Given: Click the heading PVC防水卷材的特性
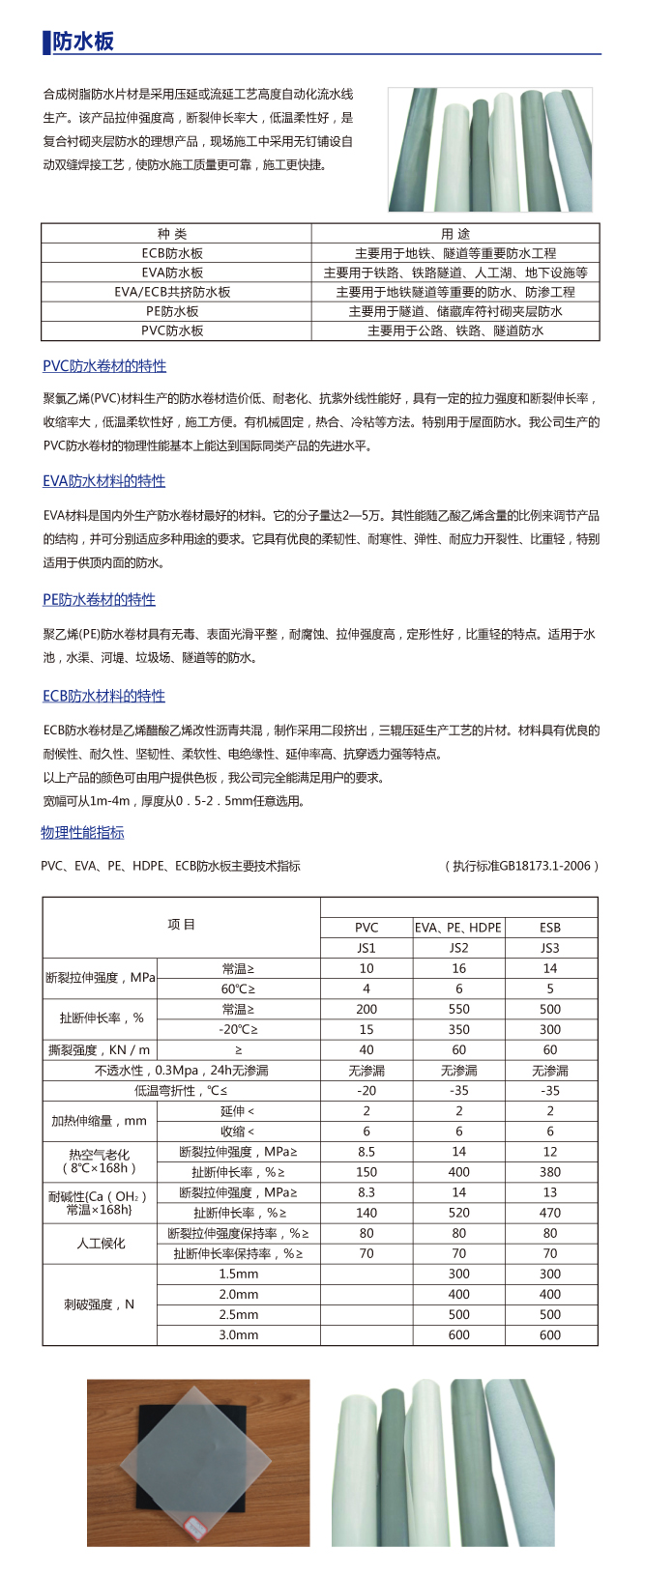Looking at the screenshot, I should (x=104, y=366).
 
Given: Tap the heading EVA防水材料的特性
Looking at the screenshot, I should (x=103, y=481).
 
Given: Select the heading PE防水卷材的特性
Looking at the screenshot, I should (x=99, y=600).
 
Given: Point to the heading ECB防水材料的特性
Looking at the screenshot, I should (x=103, y=696).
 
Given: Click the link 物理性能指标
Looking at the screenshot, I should (x=83, y=833).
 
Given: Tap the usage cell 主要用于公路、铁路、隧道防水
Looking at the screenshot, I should (x=455, y=330).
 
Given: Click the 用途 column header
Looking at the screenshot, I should (x=455, y=234).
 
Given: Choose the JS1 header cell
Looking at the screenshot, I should (x=366, y=948).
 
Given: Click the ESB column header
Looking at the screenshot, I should (x=550, y=928).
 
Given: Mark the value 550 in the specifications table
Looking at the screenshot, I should (x=458, y=1009).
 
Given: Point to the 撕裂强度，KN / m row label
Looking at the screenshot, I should (x=100, y=1049).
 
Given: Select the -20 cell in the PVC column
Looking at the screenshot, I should (x=366, y=1090).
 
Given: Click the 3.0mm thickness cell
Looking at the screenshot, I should (x=238, y=1334).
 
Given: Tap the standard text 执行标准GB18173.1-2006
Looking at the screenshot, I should (x=526, y=866).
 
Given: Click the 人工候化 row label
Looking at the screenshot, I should (x=100, y=1244).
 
